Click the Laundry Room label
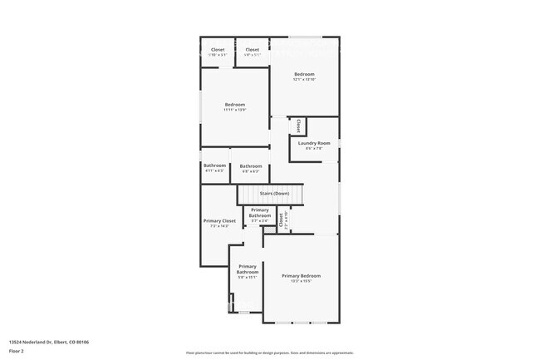click(x=314, y=143)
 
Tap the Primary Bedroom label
click(x=301, y=275)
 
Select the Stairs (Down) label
click(x=274, y=193)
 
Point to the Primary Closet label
click(x=220, y=220)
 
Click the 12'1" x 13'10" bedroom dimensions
click(x=304, y=80)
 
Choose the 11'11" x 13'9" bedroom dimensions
click(x=235, y=110)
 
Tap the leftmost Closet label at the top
click(x=218, y=50)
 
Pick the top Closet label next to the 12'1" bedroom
click(x=252, y=50)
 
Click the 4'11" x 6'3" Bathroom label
click(x=214, y=165)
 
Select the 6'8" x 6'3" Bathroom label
click(x=251, y=166)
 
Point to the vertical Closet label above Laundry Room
click(x=298, y=126)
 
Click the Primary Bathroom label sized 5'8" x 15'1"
click(x=248, y=269)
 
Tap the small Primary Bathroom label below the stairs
click(x=260, y=213)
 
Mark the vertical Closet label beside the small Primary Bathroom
click(x=281, y=220)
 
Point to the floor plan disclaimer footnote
click(x=270, y=353)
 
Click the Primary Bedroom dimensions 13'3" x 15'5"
click(x=301, y=281)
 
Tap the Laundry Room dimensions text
click(x=314, y=149)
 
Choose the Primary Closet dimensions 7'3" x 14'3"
click(x=220, y=226)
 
